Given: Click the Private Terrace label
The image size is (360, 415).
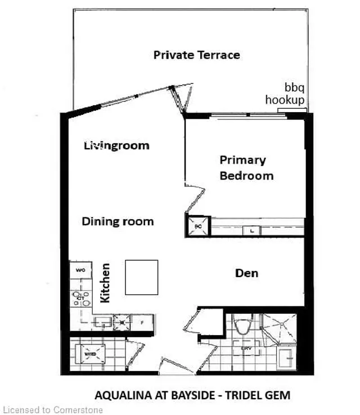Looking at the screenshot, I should tap(196, 55).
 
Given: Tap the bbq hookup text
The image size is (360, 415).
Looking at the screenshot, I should tap(286, 95).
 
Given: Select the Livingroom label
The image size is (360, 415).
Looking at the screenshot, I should tap(116, 145).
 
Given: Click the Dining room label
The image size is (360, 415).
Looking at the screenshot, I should tap(118, 221).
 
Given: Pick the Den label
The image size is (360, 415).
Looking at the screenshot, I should tap(247, 273).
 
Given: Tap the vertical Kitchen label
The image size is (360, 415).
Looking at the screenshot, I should tap(105, 283).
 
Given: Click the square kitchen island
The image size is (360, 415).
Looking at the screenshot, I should tap(141, 277).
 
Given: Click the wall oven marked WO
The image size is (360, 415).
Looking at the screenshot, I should tap(79, 270).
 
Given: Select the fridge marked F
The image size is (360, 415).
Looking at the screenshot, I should tap(142, 323).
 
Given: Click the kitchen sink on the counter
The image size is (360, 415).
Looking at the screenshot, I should tap(103, 323).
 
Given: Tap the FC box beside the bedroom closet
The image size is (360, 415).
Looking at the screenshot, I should tap(197, 226).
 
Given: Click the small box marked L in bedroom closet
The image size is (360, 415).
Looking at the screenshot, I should tap(251, 230).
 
